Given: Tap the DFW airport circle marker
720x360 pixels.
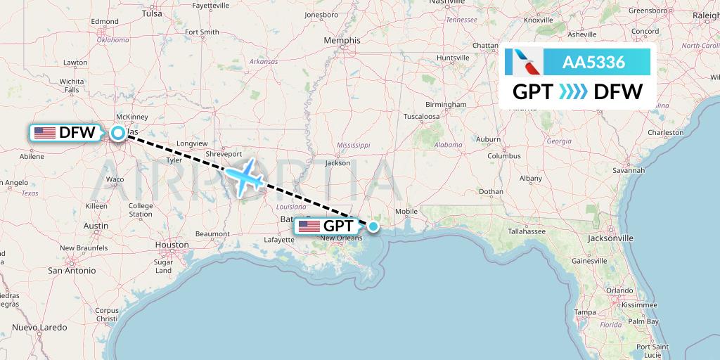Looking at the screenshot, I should pyautogui.click(x=117, y=132).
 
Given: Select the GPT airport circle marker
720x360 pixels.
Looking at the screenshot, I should pyautogui.click(x=374, y=226).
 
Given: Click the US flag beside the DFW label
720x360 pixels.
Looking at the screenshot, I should pyautogui.click(x=44, y=132).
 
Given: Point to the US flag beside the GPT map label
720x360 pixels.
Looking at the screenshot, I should pyautogui.click(x=309, y=226).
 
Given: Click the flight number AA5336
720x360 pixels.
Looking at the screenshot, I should pyautogui.click(x=593, y=62).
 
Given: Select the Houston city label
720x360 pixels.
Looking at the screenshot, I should pyautogui.click(x=172, y=245).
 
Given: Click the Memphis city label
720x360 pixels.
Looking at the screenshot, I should pyautogui.click(x=342, y=41).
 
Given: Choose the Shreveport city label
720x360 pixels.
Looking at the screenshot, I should pyautogui.click(x=224, y=153).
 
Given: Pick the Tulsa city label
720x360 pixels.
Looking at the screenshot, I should pyautogui.click(x=152, y=13).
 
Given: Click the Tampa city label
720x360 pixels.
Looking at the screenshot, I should pyautogui.click(x=585, y=311).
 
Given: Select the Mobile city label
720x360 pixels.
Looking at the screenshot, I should pyautogui.click(x=406, y=211).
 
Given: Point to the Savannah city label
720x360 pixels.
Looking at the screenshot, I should pyautogui.click(x=628, y=170).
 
